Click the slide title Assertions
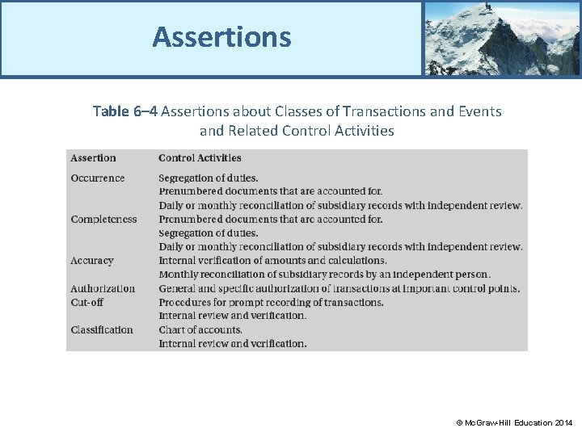click(221, 37)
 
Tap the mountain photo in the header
click(501, 38)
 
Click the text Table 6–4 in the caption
click(124, 111)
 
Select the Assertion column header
click(93, 158)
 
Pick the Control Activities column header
click(200, 158)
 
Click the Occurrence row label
click(97, 178)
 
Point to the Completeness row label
click(103, 220)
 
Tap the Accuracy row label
click(91, 261)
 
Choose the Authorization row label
click(103, 288)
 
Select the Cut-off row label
click(86, 302)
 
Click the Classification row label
click(102, 329)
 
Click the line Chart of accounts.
click(200, 329)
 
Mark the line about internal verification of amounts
click(272, 261)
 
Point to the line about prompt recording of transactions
click(271, 302)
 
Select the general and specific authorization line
click(339, 288)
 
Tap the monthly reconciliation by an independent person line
click(324, 275)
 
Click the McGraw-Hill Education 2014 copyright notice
click(514, 423)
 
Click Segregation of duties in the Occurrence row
click(209, 178)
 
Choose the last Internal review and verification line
click(233, 343)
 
